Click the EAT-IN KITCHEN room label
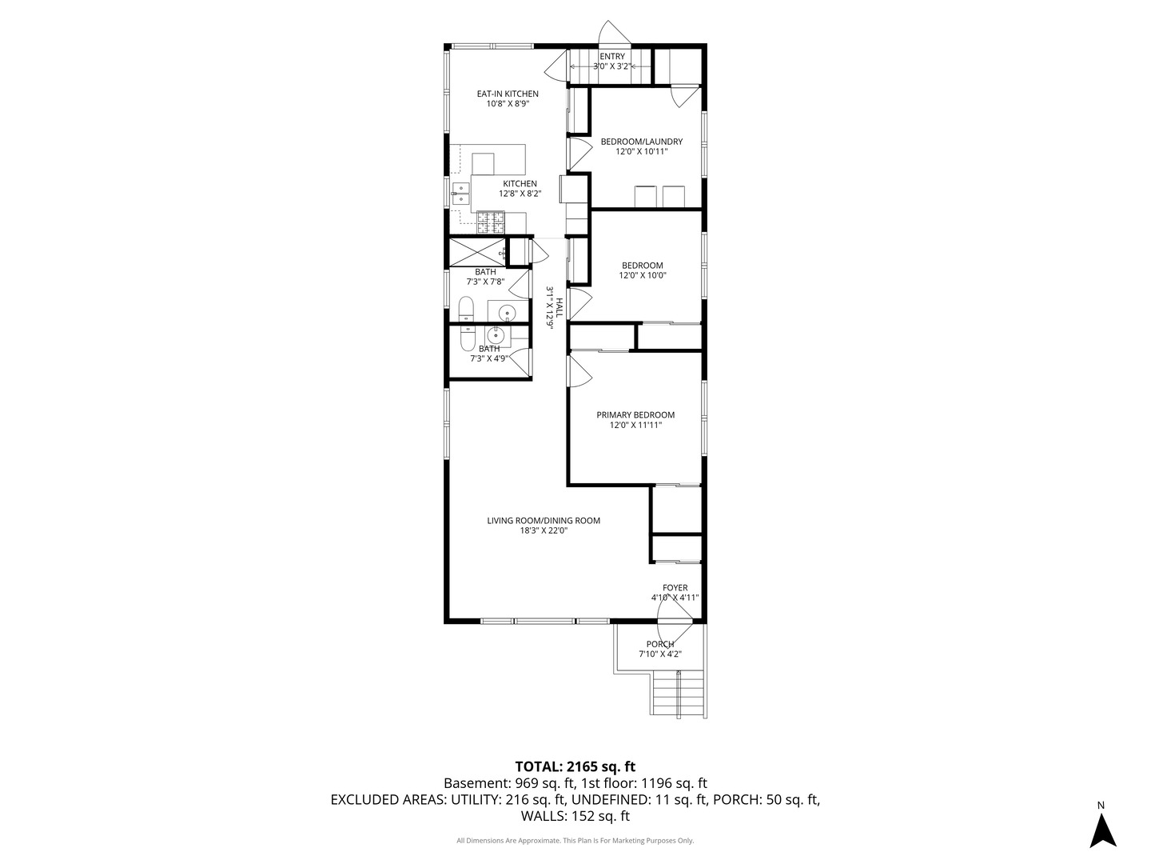point(507,94)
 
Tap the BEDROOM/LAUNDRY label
point(641,142)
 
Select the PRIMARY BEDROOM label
point(635,415)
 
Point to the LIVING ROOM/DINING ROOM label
point(544,520)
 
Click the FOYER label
point(675,587)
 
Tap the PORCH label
point(659,644)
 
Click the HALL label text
point(560,307)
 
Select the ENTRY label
point(612,57)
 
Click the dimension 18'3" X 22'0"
point(544,530)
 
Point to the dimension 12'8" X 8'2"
point(520,194)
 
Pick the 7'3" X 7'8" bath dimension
point(485,282)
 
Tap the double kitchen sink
point(94,194)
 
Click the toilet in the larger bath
point(466,309)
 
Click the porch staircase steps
point(678,693)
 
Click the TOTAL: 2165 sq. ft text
point(575,766)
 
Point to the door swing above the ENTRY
point(615,33)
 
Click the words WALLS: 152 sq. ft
point(575,816)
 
